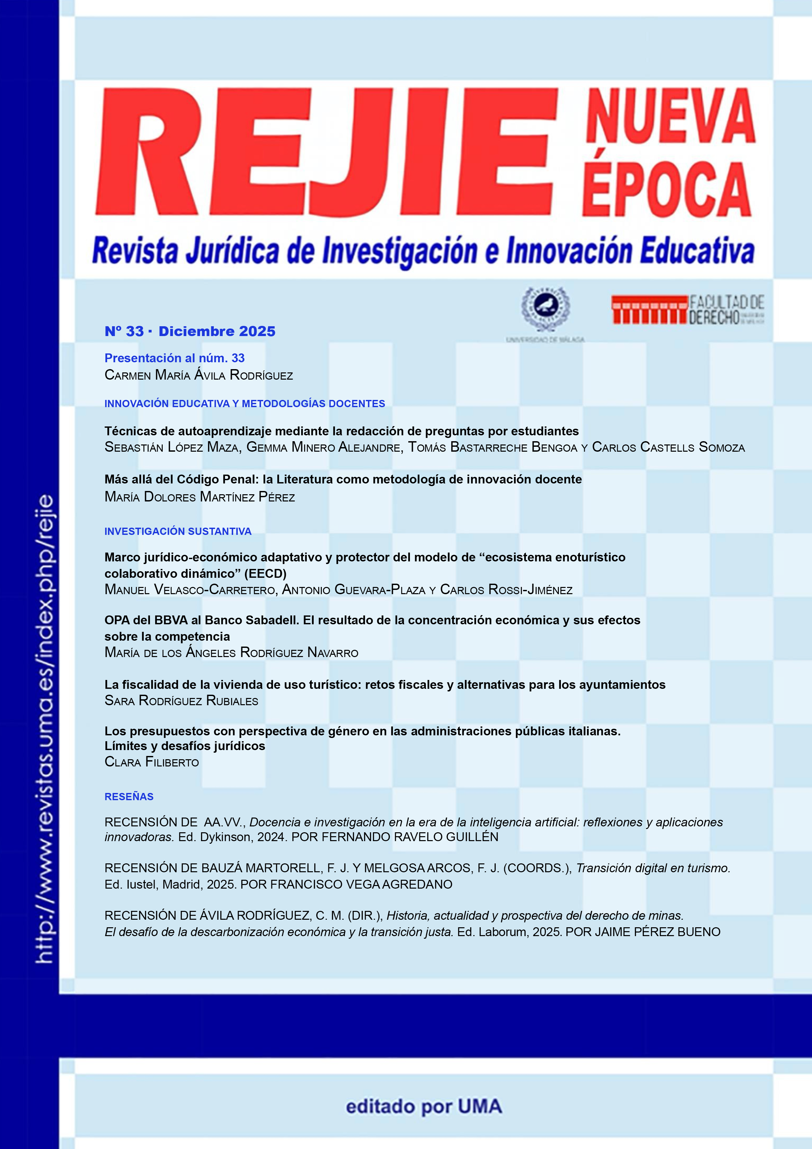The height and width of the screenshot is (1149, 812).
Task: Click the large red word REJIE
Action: (x=325, y=153)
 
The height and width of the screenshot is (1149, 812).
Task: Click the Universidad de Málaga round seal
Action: (x=545, y=309)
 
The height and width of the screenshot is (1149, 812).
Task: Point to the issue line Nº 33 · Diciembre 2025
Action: (x=190, y=331)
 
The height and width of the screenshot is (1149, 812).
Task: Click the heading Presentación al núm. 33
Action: (x=174, y=358)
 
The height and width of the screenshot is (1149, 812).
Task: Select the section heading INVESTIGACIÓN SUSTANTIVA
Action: (x=177, y=532)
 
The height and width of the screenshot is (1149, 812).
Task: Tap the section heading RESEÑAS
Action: (x=129, y=797)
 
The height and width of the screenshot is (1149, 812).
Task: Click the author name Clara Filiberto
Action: (x=152, y=762)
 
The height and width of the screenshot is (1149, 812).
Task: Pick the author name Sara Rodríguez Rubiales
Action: (x=181, y=701)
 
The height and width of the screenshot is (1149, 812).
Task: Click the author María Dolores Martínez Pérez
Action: (x=200, y=497)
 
